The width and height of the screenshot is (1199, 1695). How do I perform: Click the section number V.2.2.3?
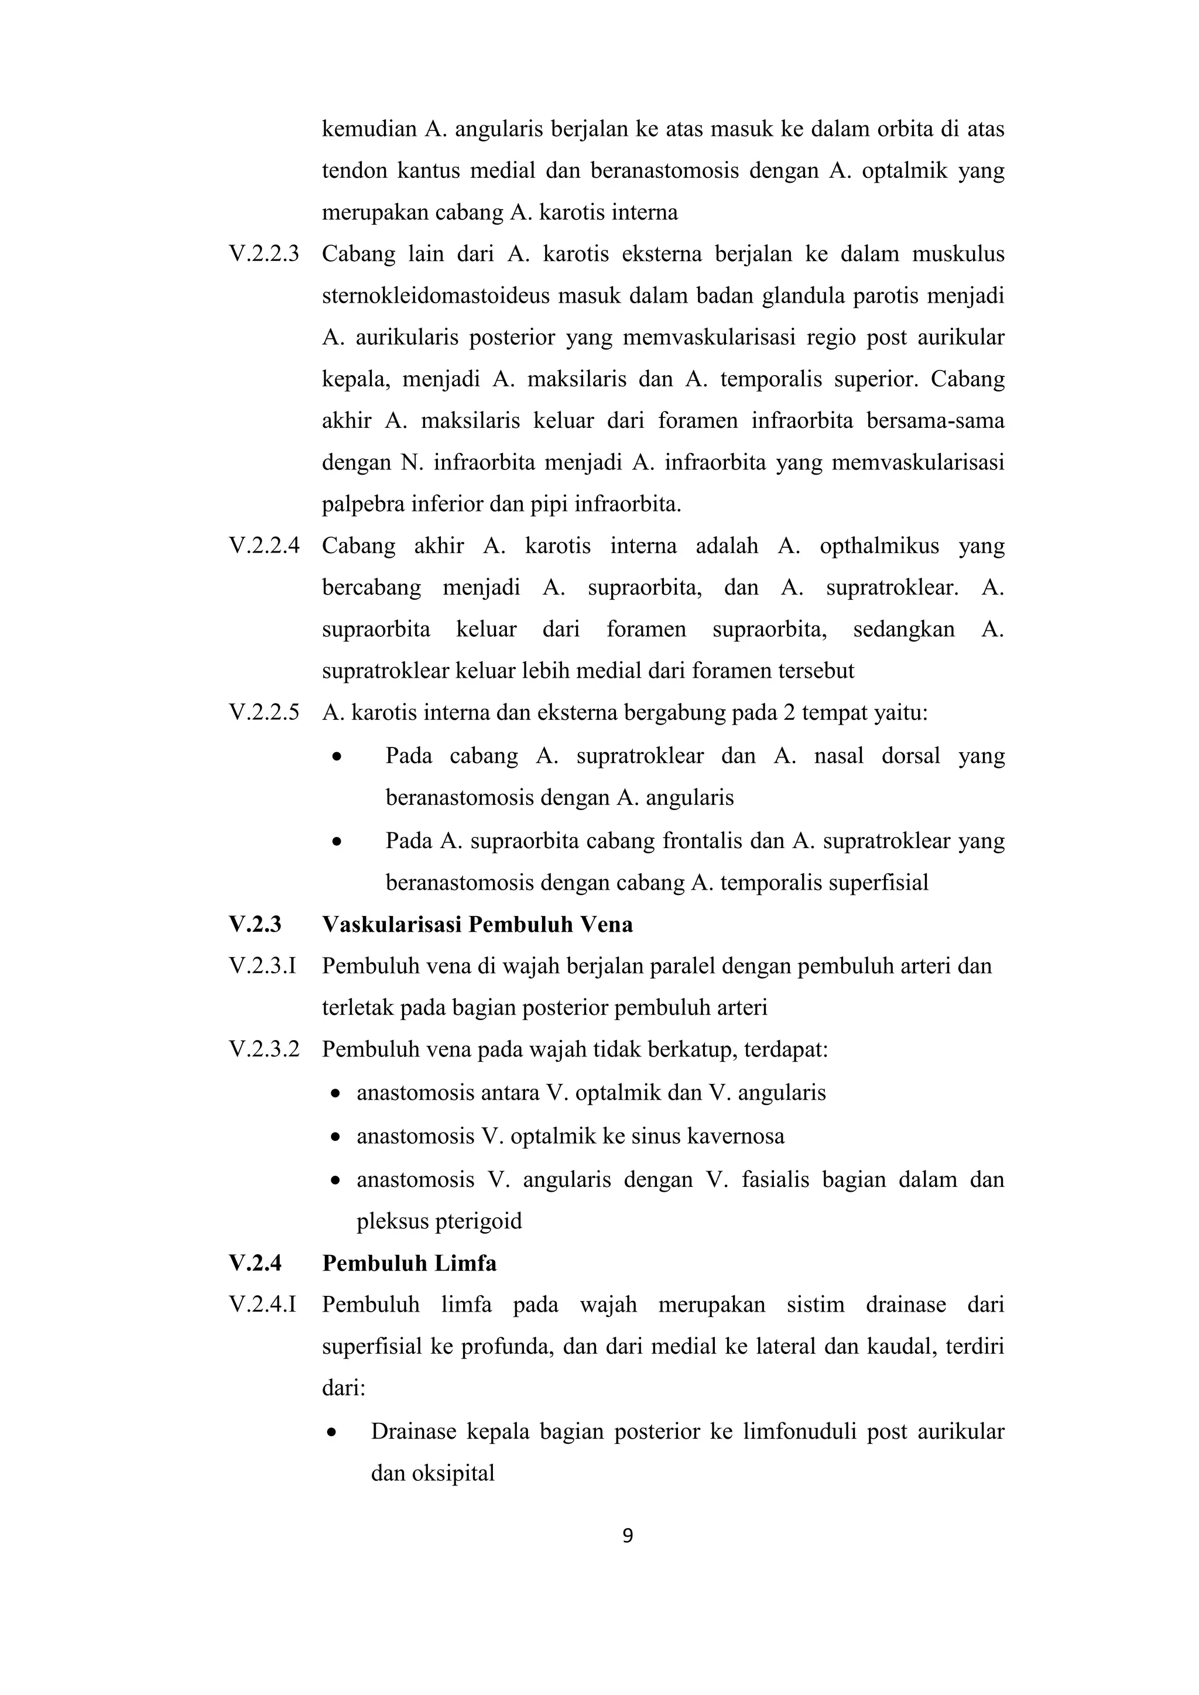point(263,255)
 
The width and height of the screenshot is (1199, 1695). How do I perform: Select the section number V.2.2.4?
point(263,546)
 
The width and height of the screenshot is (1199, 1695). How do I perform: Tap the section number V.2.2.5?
point(263,713)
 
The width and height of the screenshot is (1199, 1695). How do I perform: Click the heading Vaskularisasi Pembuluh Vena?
point(477,925)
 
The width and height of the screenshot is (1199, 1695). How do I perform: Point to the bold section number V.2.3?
point(255,925)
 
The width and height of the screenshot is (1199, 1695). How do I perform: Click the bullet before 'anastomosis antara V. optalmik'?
point(337,1094)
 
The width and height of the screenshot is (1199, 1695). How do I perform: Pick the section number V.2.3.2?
point(263,1050)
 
